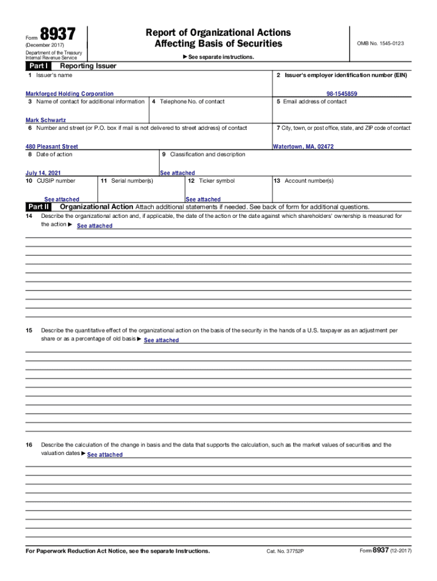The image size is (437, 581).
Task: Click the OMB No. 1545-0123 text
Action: (380, 44)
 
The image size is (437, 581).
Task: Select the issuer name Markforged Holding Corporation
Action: (69, 94)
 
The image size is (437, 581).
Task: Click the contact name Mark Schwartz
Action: (46, 120)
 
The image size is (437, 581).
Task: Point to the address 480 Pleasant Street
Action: (52, 146)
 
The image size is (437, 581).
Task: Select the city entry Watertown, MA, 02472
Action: (303, 146)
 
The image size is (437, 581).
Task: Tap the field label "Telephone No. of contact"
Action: (192, 102)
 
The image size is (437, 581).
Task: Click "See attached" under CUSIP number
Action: (62, 200)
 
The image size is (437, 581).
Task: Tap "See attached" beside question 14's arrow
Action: (95, 226)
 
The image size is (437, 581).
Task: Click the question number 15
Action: (29, 330)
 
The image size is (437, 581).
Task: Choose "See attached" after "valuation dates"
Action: (105, 455)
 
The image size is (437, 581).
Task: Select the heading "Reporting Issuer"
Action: (84, 66)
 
